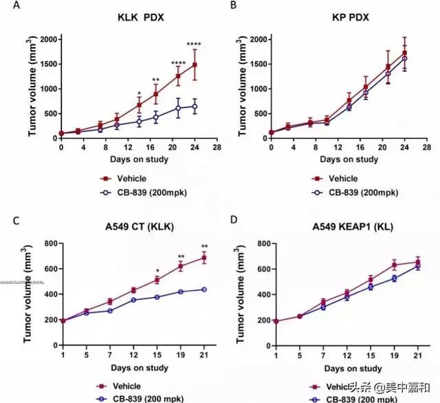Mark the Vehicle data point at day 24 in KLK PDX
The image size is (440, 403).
coord(195,65)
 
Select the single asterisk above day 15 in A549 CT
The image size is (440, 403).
coord(157,270)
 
